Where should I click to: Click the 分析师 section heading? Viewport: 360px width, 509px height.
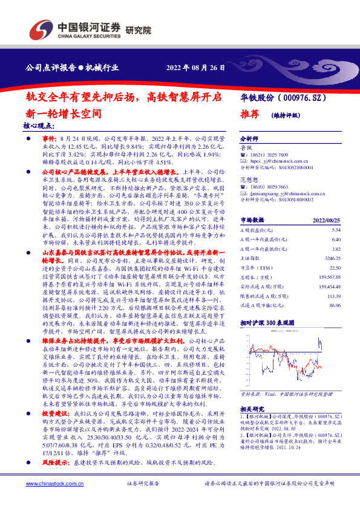point(250,138)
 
